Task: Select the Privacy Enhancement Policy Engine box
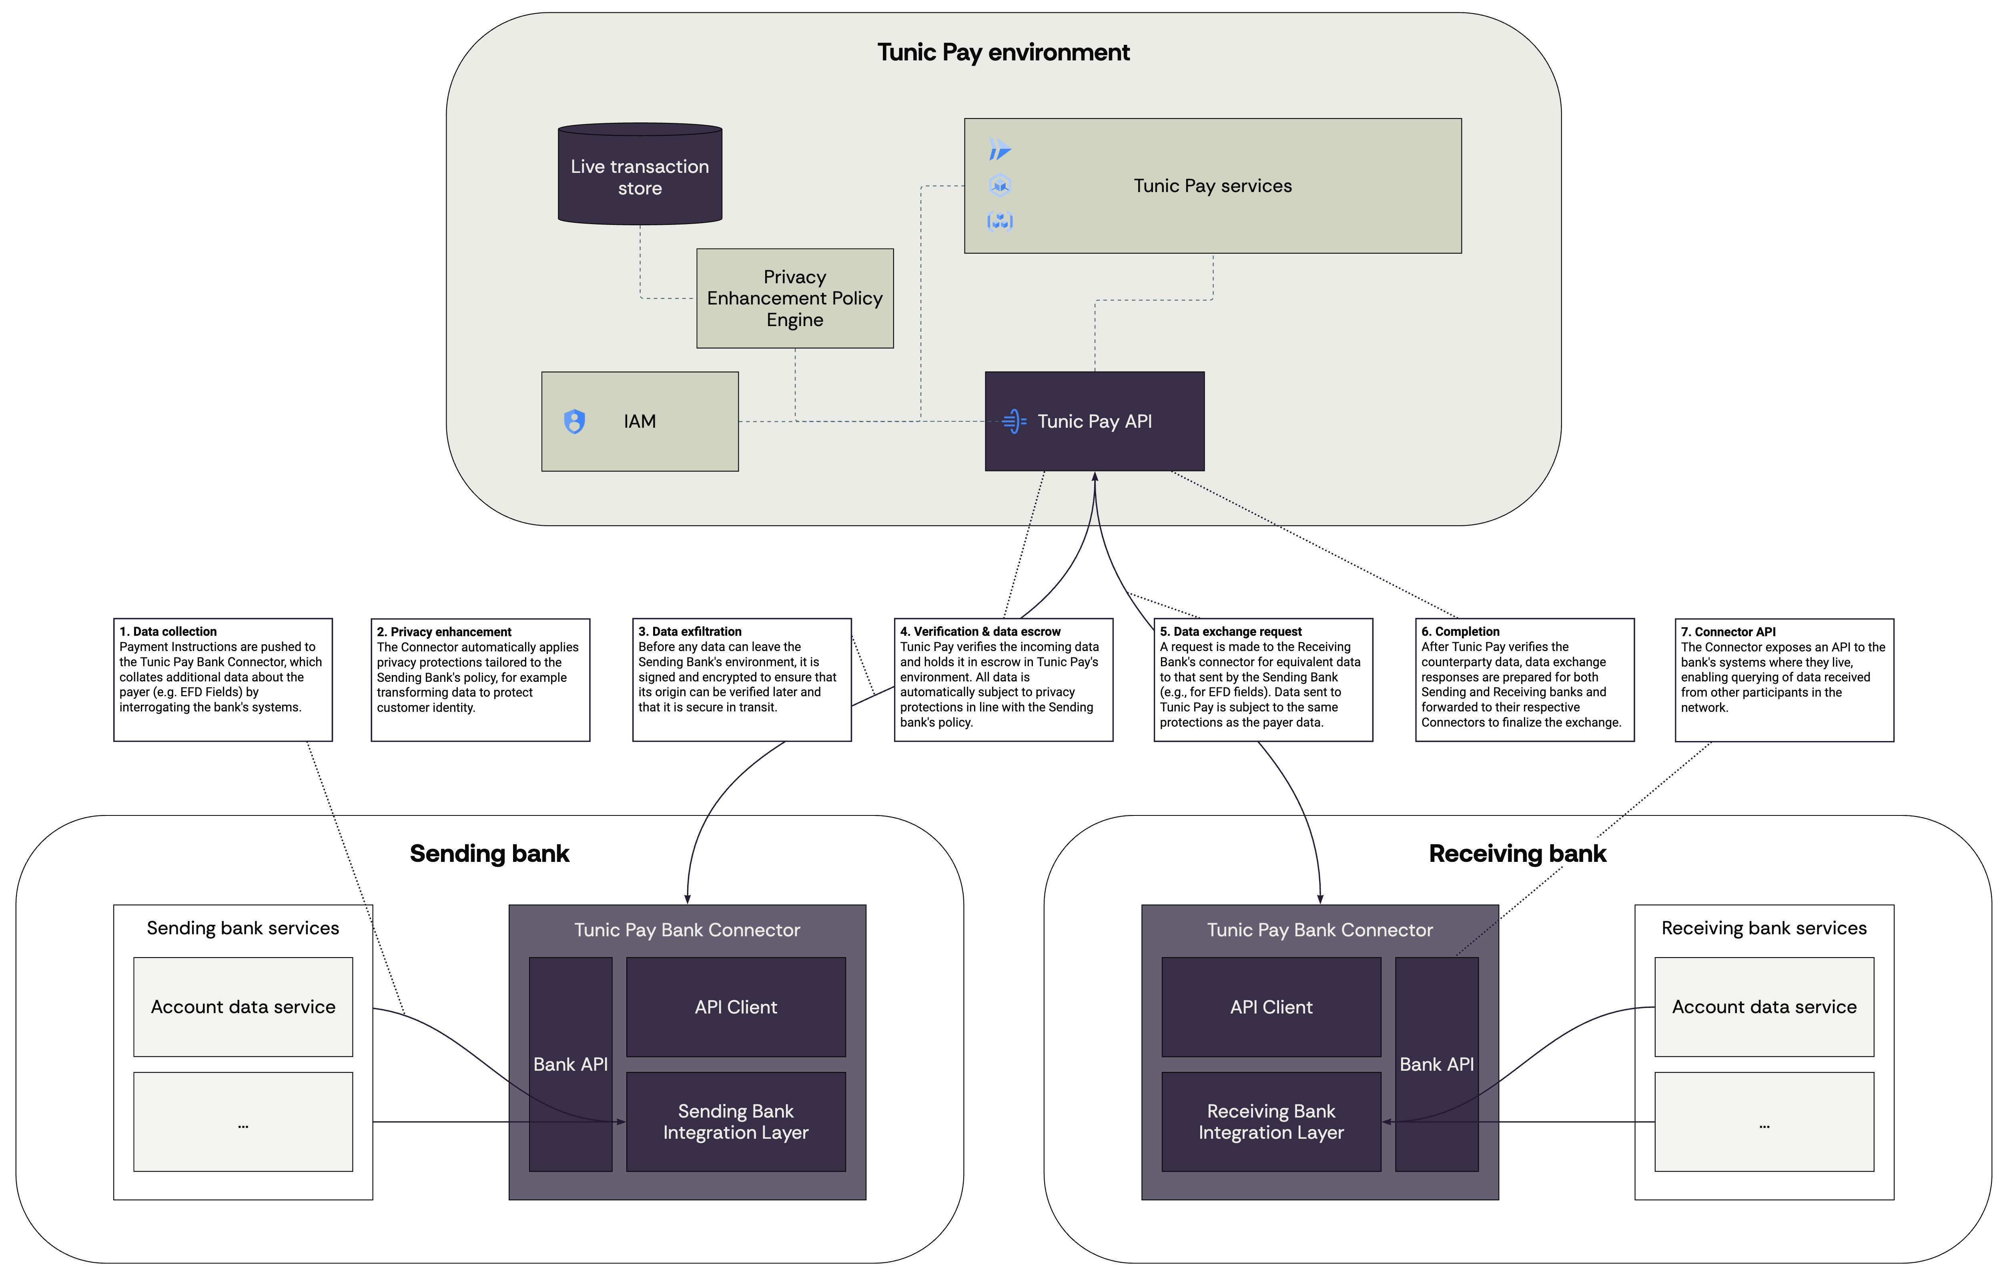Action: [x=794, y=298]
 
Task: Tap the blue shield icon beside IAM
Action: [x=574, y=422]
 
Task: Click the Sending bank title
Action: [x=489, y=853]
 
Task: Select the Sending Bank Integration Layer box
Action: [x=735, y=1122]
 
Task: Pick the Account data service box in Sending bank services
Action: [x=243, y=1007]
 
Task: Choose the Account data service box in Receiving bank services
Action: [x=1764, y=1007]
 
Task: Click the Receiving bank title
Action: [x=1517, y=853]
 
